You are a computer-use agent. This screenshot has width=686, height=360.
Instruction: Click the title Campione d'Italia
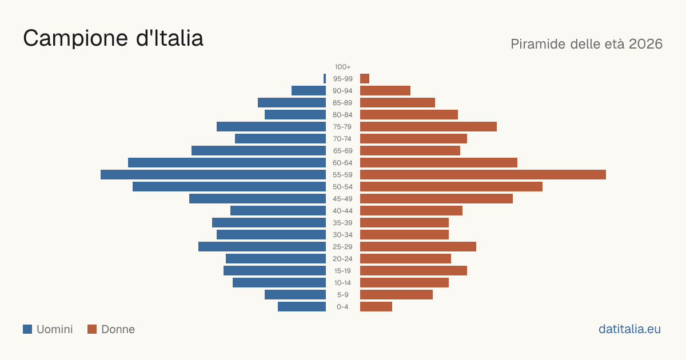pos(113,38)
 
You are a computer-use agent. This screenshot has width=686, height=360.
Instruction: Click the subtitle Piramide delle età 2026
pos(587,44)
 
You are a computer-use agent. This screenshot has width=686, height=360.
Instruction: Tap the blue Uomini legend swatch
pos(27,329)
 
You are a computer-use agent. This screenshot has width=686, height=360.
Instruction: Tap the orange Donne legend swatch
pos(92,329)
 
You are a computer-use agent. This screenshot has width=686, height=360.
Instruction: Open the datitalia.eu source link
pos(629,329)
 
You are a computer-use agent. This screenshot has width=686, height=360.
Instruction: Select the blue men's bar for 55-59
pos(213,175)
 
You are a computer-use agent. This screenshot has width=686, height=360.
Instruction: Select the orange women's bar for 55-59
pos(483,175)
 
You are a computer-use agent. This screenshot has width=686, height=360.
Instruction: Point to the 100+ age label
pos(342,67)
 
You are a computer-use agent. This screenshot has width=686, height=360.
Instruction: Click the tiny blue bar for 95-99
pos(325,79)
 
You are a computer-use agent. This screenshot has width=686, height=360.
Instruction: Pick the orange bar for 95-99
pos(365,79)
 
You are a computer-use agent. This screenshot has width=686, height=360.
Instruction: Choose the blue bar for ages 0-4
pos(302,307)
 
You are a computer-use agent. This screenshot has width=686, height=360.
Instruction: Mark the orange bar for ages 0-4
pos(376,307)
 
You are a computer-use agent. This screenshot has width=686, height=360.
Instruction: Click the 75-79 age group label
pos(342,127)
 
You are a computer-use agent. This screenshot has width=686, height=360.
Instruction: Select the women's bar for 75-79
pos(428,127)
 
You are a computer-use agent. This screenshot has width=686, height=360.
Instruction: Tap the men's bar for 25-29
pos(262,247)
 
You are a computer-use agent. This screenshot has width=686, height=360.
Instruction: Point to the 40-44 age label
pos(342,211)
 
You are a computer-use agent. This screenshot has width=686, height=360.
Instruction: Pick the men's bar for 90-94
pos(309,91)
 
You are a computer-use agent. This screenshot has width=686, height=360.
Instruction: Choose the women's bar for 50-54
pos(452,187)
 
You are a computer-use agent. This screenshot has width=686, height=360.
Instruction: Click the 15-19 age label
pos(342,271)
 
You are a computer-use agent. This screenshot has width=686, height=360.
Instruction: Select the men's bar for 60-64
pos(227,162)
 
